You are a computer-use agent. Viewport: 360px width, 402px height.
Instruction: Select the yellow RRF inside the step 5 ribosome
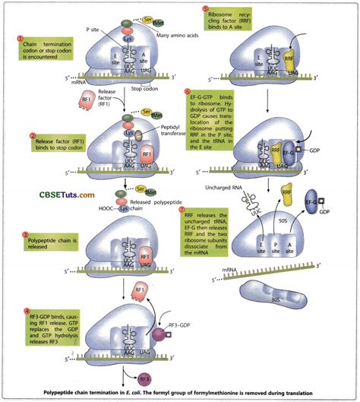[291, 55]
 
